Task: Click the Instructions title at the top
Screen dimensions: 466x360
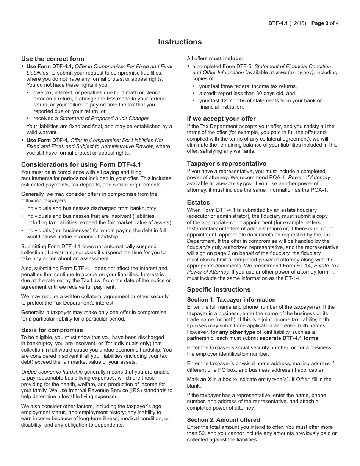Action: click(x=180, y=42)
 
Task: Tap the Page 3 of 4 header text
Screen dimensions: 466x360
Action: click(x=325, y=23)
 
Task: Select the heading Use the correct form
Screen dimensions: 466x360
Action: click(x=53, y=59)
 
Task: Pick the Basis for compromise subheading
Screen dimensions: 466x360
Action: click(x=52, y=330)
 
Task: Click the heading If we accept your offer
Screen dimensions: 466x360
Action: click(x=221, y=119)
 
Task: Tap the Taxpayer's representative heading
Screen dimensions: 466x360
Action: click(x=227, y=163)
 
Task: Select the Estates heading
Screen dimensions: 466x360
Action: click(x=198, y=202)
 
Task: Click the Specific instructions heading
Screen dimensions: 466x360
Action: click(x=219, y=289)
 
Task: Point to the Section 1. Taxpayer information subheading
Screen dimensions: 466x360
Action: click(x=231, y=300)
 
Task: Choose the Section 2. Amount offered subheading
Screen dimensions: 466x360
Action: click(x=223, y=420)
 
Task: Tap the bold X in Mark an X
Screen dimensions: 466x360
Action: click(x=209, y=379)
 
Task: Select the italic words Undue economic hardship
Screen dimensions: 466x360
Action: click(x=52, y=372)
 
